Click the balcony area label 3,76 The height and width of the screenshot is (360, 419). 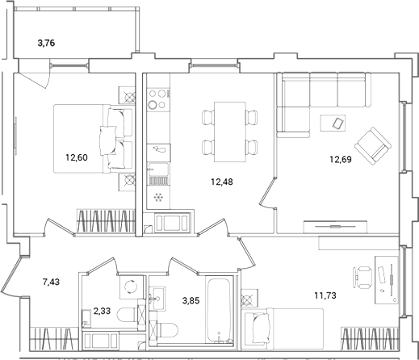point(51,44)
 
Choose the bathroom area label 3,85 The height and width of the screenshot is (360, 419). point(190,300)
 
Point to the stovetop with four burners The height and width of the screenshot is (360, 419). point(157,101)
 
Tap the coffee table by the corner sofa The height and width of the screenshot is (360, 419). point(333,123)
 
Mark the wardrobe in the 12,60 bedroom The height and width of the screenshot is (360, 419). point(103,220)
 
